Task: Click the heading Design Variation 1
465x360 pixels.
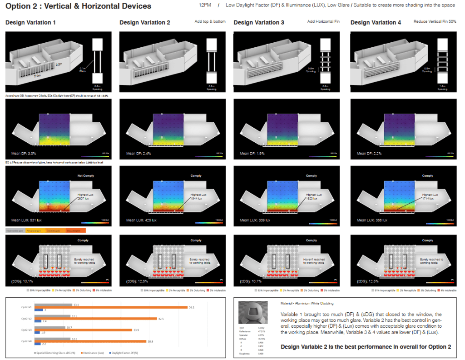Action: coord(31,22)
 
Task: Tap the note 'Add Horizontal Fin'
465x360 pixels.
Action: coord(323,22)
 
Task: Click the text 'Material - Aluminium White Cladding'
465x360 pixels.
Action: coord(307,303)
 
